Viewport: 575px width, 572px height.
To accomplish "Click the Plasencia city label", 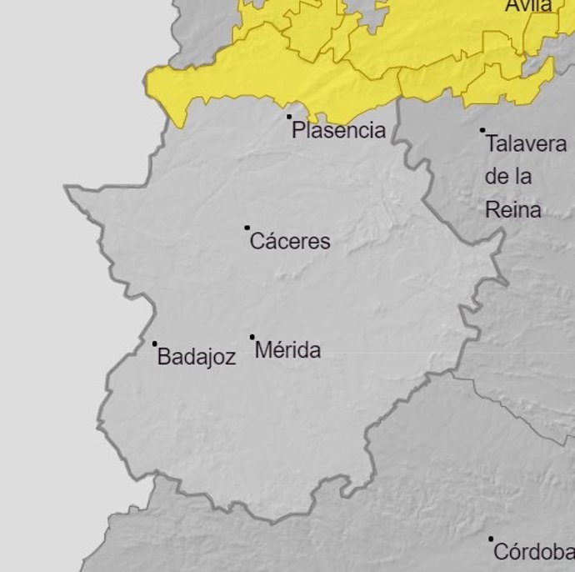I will (x=338, y=130).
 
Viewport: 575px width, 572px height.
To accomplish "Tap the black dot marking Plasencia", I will (x=289, y=117).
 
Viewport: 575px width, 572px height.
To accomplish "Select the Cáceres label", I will (x=290, y=242).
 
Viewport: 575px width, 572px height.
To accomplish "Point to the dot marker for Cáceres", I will (x=247, y=227).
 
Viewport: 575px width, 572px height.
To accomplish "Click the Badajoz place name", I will (x=197, y=358).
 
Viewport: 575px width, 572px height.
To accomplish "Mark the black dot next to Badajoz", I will (x=154, y=344).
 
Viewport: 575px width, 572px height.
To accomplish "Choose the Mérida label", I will (x=287, y=350).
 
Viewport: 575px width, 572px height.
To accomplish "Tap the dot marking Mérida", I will (x=252, y=337).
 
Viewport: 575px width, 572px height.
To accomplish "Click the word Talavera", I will (x=526, y=143).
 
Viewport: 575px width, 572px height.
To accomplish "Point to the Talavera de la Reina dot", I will (x=482, y=130).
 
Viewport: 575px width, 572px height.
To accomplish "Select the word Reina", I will (x=512, y=210).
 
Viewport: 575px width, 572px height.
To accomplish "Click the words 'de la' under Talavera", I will (x=507, y=177).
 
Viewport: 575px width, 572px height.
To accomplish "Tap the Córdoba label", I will (x=533, y=552).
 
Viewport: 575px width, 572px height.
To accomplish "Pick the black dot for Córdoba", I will (x=491, y=539).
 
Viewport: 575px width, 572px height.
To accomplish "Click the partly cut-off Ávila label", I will (x=528, y=6).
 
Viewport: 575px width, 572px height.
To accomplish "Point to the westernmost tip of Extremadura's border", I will (x=66, y=188).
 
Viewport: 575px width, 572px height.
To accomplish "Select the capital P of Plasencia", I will (x=297, y=130).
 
